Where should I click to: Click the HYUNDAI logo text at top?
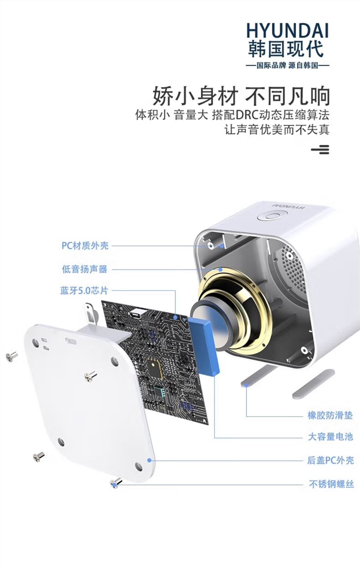tap(288, 31)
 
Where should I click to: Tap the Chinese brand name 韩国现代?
tap(286, 49)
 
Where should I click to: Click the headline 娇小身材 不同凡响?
tap(241, 96)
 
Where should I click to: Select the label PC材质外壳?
tap(85, 245)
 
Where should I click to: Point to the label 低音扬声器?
tap(85, 269)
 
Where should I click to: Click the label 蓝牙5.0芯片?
tap(84, 291)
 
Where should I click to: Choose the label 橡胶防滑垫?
tap(330, 415)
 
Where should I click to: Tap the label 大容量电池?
tap(330, 437)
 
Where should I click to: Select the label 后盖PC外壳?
tap(330, 460)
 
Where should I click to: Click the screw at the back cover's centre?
tap(90, 376)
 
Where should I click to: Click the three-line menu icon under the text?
tap(320, 149)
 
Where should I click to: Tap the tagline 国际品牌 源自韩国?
tap(288, 66)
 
